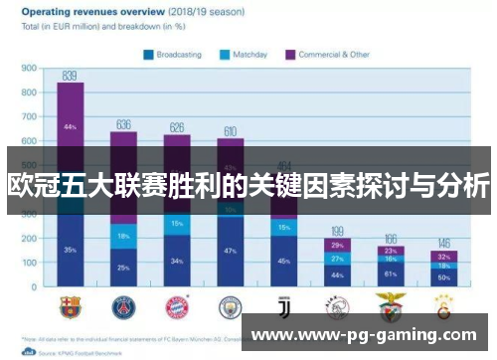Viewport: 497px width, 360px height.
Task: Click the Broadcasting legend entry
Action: click(179, 56)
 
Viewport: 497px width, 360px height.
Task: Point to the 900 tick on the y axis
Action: click(30, 70)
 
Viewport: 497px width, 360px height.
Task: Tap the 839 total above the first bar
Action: click(70, 76)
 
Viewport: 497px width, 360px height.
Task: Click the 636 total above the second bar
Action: click(123, 124)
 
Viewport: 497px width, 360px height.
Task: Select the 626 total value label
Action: click(176, 127)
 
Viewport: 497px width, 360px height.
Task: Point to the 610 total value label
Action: click(230, 131)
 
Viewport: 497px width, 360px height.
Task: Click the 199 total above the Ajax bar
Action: click(337, 231)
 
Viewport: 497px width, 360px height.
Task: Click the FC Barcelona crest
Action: click(70, 305)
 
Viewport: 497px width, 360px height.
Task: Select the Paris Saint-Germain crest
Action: click(123, 305)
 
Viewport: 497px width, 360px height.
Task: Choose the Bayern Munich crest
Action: click(177, 305)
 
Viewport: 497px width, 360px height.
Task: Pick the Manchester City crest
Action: click(231, 305)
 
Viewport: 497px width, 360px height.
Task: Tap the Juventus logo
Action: click(283, 305)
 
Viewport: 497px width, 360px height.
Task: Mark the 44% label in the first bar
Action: click(70, 127)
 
